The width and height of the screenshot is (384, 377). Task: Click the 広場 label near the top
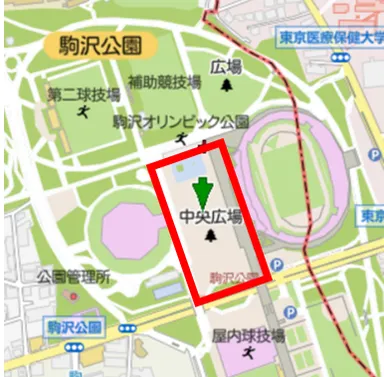coord(227,67)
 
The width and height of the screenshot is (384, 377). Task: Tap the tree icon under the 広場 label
coord(227,86)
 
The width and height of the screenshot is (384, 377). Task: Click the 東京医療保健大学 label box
coord(330,37)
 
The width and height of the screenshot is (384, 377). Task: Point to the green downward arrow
coord(202,190)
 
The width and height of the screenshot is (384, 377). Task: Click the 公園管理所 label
coord(73,276)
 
